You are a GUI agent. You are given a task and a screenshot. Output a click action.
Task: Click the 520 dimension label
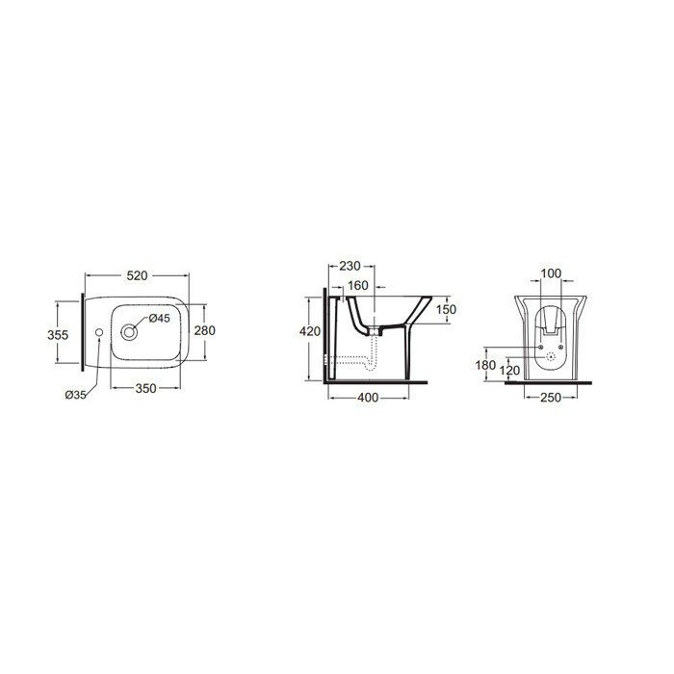[137, 275]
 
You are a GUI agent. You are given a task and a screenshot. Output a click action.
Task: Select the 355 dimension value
[58, 334]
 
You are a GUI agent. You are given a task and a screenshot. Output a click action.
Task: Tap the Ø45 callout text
[160, 318]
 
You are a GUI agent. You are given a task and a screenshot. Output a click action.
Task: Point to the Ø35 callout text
[76, 395]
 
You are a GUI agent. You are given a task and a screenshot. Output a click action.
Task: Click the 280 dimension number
[204, 330]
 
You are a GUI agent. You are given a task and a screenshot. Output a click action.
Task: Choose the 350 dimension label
[145, 388]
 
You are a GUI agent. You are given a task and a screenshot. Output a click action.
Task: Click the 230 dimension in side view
[350, 266]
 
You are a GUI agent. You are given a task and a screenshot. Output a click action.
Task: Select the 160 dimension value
[358, 285]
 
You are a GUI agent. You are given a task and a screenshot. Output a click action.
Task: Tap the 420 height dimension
[310, 331]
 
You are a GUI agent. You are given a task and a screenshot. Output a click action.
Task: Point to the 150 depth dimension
[446, 309]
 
